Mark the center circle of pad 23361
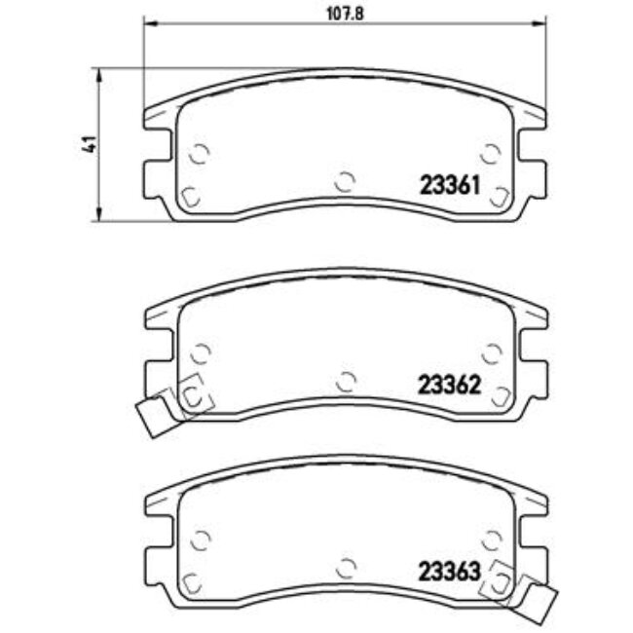pyautogui.click(x=345, y=180)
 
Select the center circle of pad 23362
pyautogui.click(x=345, y=381)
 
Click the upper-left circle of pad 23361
pyautogui.click(x=199, y=153)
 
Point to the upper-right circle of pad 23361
pyautogui.click(x=492, y=153)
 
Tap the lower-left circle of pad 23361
pyautogui.click(x=191, y=194)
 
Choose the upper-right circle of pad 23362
pyautogui.click(x=492, y=353)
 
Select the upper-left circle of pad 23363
pyautogui.click(x=199, y=539)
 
